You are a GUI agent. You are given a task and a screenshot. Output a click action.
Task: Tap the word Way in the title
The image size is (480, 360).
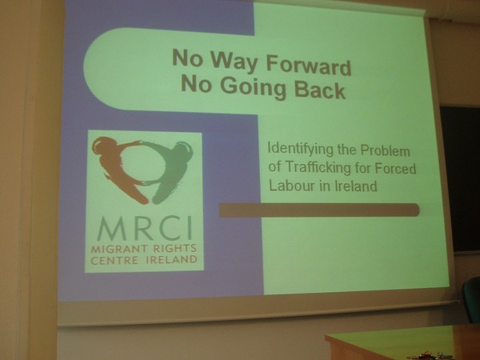[233, 62]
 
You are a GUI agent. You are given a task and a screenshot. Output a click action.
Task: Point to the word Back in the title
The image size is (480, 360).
[319, 89]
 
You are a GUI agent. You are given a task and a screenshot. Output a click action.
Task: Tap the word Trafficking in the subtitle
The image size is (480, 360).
[318, 168]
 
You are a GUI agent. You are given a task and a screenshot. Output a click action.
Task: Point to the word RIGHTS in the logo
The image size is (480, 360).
[174, 248]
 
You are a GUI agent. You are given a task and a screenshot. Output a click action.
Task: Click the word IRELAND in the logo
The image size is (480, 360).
[172, 260]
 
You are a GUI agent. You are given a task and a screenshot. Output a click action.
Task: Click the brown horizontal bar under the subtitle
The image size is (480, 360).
[319, 210]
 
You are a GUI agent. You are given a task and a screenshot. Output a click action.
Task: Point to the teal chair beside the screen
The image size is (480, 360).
[472, 299]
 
